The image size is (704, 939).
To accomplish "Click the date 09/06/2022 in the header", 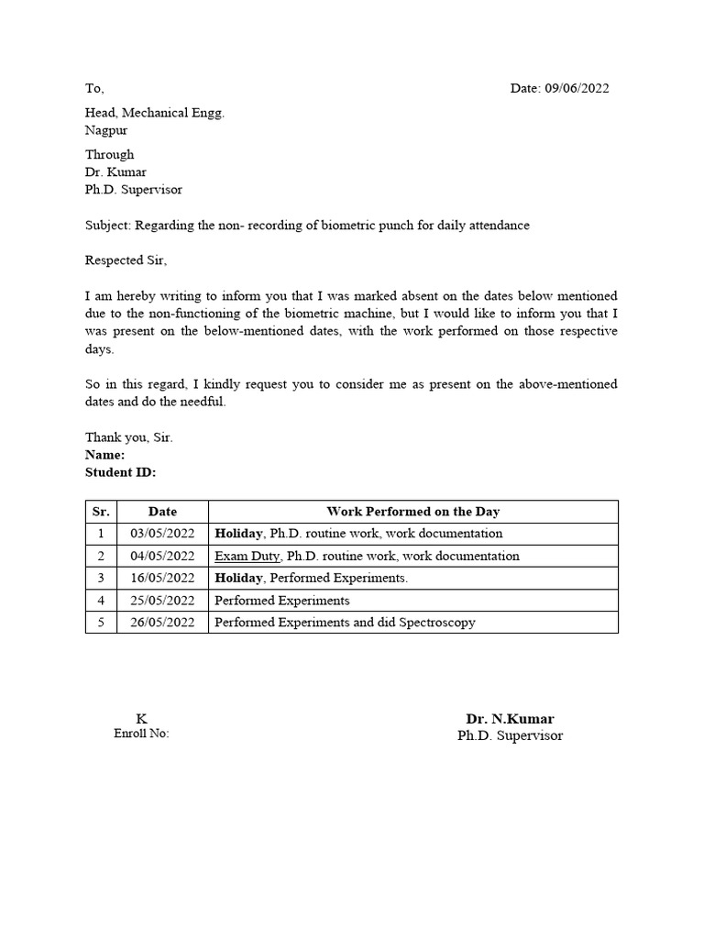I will [x=577, y=89].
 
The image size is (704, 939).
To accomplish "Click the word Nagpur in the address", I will [x=106, y=130].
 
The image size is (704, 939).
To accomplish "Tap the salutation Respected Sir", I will [x=126, y=260].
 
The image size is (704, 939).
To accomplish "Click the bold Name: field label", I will [x=104, y=455].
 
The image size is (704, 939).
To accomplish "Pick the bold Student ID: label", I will [x=120, y=472].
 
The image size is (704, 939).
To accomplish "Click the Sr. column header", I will [x=101, y=512].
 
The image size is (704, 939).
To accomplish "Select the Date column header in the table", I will [x=162, y=512].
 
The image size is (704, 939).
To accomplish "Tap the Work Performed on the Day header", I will [x=412, y=512].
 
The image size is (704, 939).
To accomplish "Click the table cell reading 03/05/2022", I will [x=162, y=534].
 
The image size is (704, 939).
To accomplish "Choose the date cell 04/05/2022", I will [x=162, y=556].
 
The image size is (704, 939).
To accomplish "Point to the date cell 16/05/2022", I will [x=162, y=578].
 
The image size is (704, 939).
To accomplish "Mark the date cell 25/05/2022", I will [x=162, y=601].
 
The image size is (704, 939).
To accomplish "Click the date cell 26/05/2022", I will [x=162, y=623].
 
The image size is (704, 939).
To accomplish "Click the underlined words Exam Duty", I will [x=247, y=556].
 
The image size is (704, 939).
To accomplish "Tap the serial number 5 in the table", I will [x=101, y=623].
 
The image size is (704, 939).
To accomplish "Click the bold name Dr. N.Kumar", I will [x=510, y=719].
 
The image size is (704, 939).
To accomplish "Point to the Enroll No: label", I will [x=141, y=734].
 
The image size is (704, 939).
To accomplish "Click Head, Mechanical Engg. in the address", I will [x=154, y=113].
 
